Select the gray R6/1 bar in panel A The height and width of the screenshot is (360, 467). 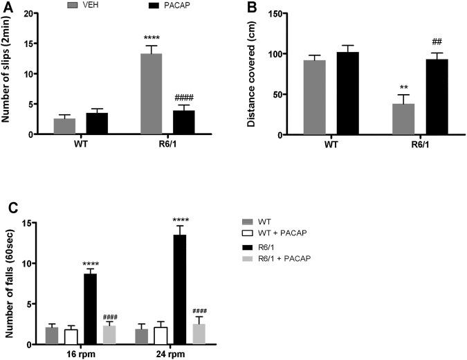[151, 94]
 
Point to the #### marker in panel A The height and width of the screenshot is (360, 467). [183, 97]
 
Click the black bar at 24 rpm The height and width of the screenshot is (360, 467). [179, 289]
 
